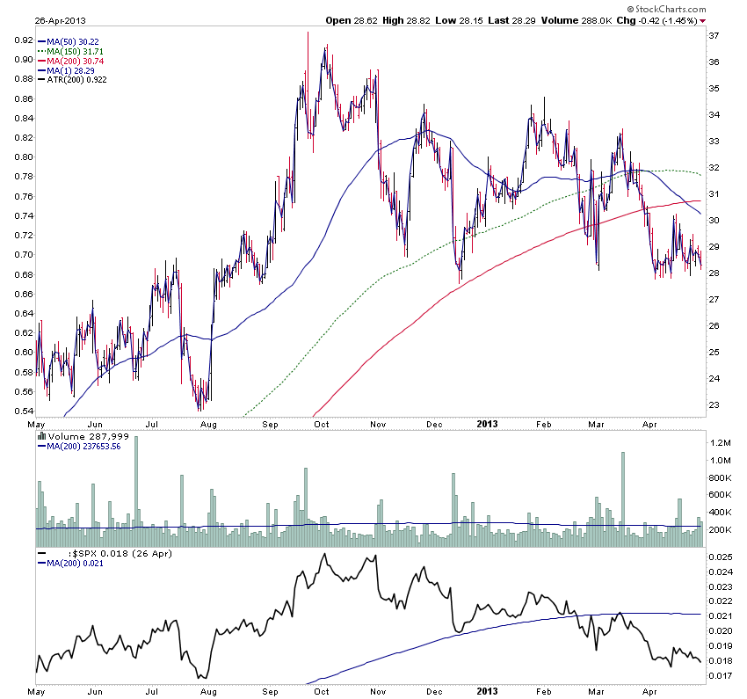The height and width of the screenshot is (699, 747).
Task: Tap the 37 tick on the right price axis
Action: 714,35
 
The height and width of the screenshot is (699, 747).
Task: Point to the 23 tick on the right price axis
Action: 714,405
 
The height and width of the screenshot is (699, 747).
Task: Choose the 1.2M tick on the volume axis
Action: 720,443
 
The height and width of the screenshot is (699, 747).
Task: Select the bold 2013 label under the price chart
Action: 486,423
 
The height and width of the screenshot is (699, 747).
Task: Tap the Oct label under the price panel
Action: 322,423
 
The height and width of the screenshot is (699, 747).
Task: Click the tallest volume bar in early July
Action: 137,489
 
